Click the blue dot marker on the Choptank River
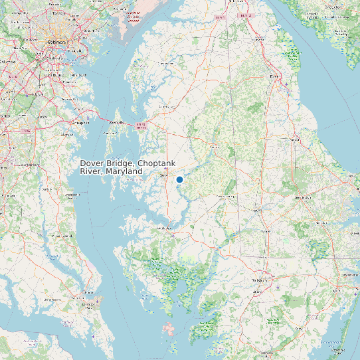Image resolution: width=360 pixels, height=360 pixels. pyautogui.click(x=179, y=179)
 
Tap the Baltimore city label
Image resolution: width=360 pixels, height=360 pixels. pyautogui.click(x=57, y=41)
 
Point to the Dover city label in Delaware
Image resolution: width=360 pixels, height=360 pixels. pyautogui.click(x=274, y=76)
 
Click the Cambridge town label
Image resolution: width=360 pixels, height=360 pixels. pyautogui.click(x=163, y=228)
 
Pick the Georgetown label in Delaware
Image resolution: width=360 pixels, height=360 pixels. pyautogui.click(x=302, y=197)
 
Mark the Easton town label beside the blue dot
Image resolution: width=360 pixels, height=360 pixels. pyautogui.click(x=165, y=175)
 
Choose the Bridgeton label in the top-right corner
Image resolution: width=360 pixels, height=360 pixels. pyautogui.click(x=329, y=7)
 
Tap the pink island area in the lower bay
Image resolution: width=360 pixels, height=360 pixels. pyautogui.click(x=171, y=329)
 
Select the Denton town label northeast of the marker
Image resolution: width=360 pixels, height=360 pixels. pyautogui.click(x=214, y=145)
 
